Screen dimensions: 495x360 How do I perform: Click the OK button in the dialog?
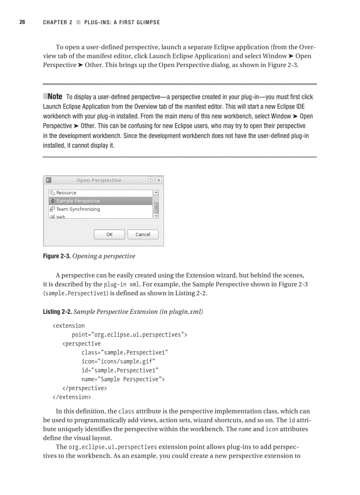point(109,234)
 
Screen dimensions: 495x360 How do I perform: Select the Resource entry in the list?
point(66,193)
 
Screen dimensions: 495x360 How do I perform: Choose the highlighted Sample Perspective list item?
point(78,201)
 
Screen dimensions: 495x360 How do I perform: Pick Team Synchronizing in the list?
point(78,209)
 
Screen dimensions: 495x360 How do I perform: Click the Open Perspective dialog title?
point(99,180)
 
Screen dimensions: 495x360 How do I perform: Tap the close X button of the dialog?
point(159,180)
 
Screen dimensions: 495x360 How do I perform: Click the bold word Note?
point(54,97)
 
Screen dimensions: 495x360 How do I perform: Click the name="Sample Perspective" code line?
point(123,379)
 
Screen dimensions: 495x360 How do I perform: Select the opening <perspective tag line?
point(82,343)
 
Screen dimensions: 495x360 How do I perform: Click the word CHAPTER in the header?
point(55,22)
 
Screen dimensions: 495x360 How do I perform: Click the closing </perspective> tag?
point(85,388)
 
